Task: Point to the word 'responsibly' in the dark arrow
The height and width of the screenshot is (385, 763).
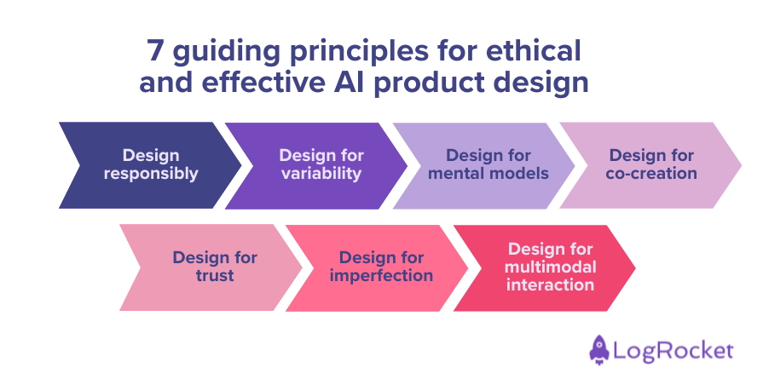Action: click(151, 174)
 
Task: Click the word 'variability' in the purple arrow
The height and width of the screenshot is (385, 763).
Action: click(321, 174)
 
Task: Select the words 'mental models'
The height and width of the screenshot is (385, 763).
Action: click(488, 174)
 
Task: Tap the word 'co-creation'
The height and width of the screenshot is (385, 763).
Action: click(651, 174)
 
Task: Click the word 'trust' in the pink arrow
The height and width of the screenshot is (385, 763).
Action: click(215, 275)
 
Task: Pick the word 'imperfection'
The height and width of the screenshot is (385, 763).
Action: click(381, 275)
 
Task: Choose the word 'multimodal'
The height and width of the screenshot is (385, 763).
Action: click(550, 267)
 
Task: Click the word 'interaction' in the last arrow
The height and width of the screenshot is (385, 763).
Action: click(550, 285)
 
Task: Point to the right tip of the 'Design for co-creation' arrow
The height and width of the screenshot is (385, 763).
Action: click(740, 164)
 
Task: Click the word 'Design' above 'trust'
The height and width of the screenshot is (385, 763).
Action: click(215, 257)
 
